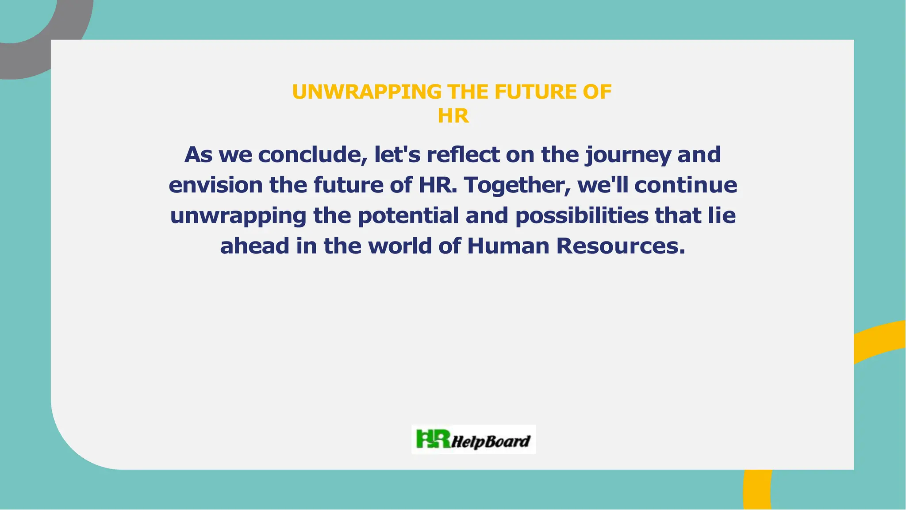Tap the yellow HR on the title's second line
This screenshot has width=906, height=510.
pos(453,116)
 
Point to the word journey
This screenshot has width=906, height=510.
pos(628,155)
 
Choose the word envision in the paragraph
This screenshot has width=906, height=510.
pos(215,185)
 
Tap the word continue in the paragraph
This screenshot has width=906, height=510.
pos(686,185)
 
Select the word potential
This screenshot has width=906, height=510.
pos(408,216)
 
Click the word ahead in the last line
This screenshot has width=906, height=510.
pos(254,246)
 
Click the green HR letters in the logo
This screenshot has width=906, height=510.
pos(433,439)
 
